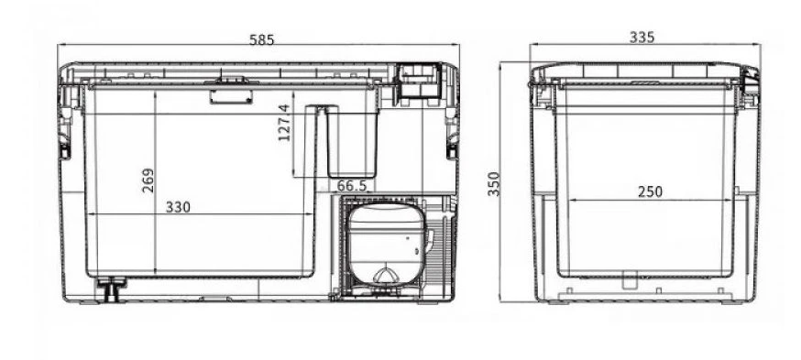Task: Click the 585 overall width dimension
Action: pyautogui.click(x=261, y=39)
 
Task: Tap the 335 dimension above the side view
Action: pyautogui.click(x=642, y=38)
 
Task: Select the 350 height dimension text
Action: pyautogui.click(x=493, y=184)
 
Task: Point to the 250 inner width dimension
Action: pyautogui.click(x=651, y=191)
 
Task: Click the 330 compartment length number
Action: pyautogui.click(x=178, y=207)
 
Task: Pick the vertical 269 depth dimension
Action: pyautogui.click(x=148, y=180)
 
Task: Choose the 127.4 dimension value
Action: pyautogui.click(x=284, y=123)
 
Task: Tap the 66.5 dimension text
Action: pyautogui.click(x=352, y=185)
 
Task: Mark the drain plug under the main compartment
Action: pyautogui.click(x=112, y=289)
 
